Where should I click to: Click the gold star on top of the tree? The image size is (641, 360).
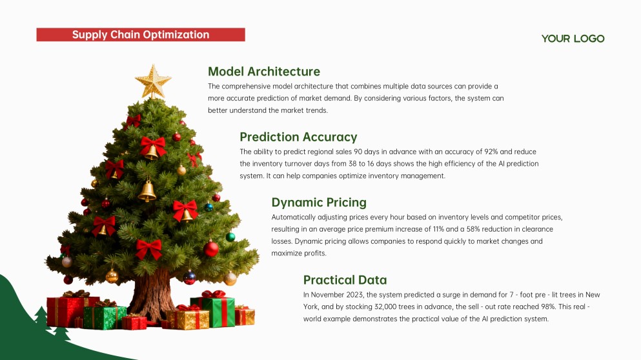click(153, 81)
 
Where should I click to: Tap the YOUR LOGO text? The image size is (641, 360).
click(573, 39)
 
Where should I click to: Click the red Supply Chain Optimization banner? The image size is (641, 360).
click(141, 35)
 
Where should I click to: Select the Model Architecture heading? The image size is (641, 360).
click(263, 71)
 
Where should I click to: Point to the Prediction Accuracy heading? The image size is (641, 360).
click(298, 137)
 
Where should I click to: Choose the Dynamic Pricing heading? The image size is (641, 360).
click(319, 203)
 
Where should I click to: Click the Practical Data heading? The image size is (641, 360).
click(345, 280)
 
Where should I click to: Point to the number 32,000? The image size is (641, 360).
click(385, 307)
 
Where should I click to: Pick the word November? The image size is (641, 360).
click(328, 295)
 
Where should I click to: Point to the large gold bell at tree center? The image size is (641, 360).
click(147, 191)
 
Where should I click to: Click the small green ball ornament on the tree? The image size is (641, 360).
click(230, 237)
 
